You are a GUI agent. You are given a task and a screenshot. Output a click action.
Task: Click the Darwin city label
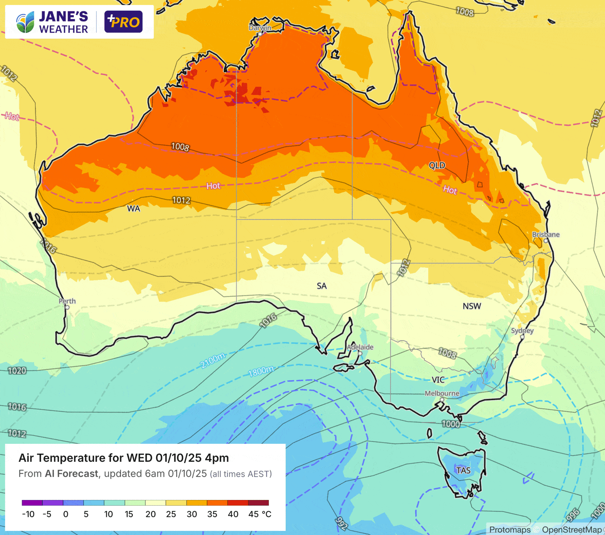click(x=260, y=28)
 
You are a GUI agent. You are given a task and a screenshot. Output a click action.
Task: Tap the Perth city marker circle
click(x=67, y=307)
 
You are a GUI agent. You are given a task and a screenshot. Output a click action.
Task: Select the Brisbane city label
click(x=546, y=234)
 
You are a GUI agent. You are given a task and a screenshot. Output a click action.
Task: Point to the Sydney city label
click(x=522, y=331)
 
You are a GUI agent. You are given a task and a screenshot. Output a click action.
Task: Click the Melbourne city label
click(x=442, y=393)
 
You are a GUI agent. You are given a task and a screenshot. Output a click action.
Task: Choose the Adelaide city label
click(x=360, y=347)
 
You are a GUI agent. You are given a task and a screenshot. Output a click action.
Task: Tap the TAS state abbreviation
click(x=463, y=470)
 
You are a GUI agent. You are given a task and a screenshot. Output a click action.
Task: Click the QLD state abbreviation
click(x=437, y=165)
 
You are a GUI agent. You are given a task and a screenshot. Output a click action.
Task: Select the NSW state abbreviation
click(x=472, y=306)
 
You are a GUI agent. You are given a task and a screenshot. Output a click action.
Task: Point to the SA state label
click(x=322, y=286)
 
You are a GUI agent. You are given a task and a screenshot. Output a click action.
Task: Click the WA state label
click(x=134, y=209)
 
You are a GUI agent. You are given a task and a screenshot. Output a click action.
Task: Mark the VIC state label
click(x=438, y=379)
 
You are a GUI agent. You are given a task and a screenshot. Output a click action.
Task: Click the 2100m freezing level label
click(x=213, y=361)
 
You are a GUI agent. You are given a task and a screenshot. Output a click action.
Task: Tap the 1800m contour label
click(x=261, y=371)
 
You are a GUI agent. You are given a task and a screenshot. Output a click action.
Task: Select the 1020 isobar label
click(x=17, y=370)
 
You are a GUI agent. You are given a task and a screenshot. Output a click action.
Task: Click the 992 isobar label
click(x=341, y=523)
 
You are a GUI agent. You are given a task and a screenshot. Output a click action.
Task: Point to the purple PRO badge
click(x=123, y=22)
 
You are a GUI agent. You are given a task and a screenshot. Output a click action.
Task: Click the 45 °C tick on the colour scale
click(x=260, y=514)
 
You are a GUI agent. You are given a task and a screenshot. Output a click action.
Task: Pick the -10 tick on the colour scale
click(x=28, y=514)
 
